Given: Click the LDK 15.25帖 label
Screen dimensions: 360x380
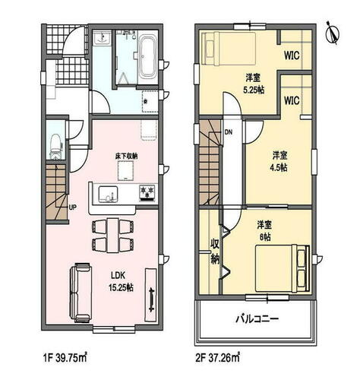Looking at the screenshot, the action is (121, 281).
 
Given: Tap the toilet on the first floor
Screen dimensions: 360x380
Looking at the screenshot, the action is (56, 147).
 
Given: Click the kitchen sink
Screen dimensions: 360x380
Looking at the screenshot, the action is (108, 195).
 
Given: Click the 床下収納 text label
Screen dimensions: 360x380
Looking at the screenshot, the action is (126, 157).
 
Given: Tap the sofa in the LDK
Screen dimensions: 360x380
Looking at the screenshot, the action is (80, 293).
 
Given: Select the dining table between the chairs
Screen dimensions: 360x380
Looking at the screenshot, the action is (112, 236).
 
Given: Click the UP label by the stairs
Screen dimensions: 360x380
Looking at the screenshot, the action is (73, 207).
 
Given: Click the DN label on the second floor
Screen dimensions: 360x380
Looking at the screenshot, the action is (228, 132).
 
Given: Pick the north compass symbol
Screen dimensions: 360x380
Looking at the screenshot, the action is (333, 33).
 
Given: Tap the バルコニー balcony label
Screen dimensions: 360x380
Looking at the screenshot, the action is (257, 318).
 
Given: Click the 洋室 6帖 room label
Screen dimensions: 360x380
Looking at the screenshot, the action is (264, 230).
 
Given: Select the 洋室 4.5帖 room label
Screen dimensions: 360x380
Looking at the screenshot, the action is (279, 161).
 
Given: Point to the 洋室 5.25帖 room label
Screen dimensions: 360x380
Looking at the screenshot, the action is (254, 84).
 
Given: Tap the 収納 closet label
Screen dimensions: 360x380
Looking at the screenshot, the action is (215, 252).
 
